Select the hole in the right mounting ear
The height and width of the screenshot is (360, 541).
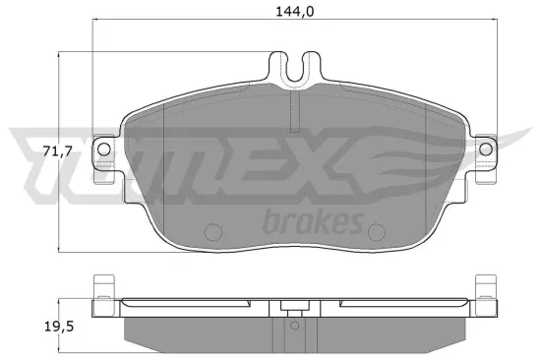pyautogui.click(x=485, y=146)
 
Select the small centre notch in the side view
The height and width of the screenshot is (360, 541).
pyautogui.click(x=289, y=306)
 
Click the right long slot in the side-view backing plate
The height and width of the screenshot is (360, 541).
pyautogui.click(x=393, y=303)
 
